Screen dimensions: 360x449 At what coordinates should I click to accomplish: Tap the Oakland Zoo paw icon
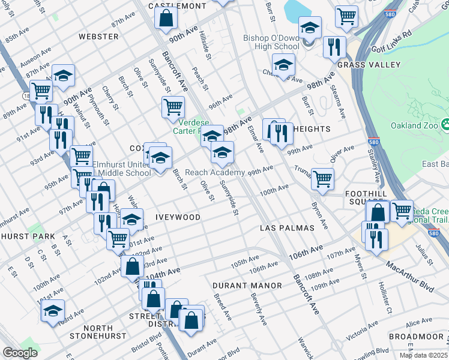pos(446,124)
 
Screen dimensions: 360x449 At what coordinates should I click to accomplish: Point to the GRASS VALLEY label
pos(369,64)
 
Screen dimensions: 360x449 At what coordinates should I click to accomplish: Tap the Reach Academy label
pos(214,172)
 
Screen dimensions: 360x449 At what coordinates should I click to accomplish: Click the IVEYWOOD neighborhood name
pos(178,217)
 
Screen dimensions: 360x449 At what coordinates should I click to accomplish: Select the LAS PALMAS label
pos(287,229)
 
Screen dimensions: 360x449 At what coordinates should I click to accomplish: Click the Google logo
pos(20,353)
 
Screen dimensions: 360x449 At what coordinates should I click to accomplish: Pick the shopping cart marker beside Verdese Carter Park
pos(173,107)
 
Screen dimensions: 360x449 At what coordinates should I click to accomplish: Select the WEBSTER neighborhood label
pos(98,37)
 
